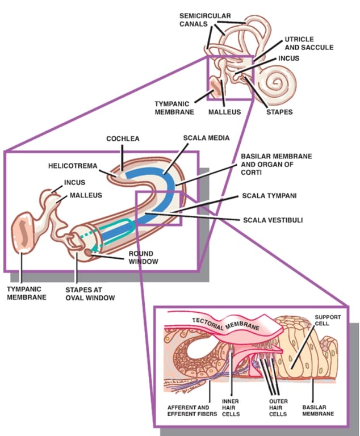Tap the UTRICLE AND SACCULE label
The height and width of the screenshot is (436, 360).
(x=308, y=44)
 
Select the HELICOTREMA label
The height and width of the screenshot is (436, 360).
(x=72, y=166)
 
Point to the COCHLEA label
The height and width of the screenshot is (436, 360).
(x=123, y=139)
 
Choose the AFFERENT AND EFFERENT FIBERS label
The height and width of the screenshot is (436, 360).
(x=191, y=410)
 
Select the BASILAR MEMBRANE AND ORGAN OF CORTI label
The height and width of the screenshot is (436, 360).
(x=276, y=164)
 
